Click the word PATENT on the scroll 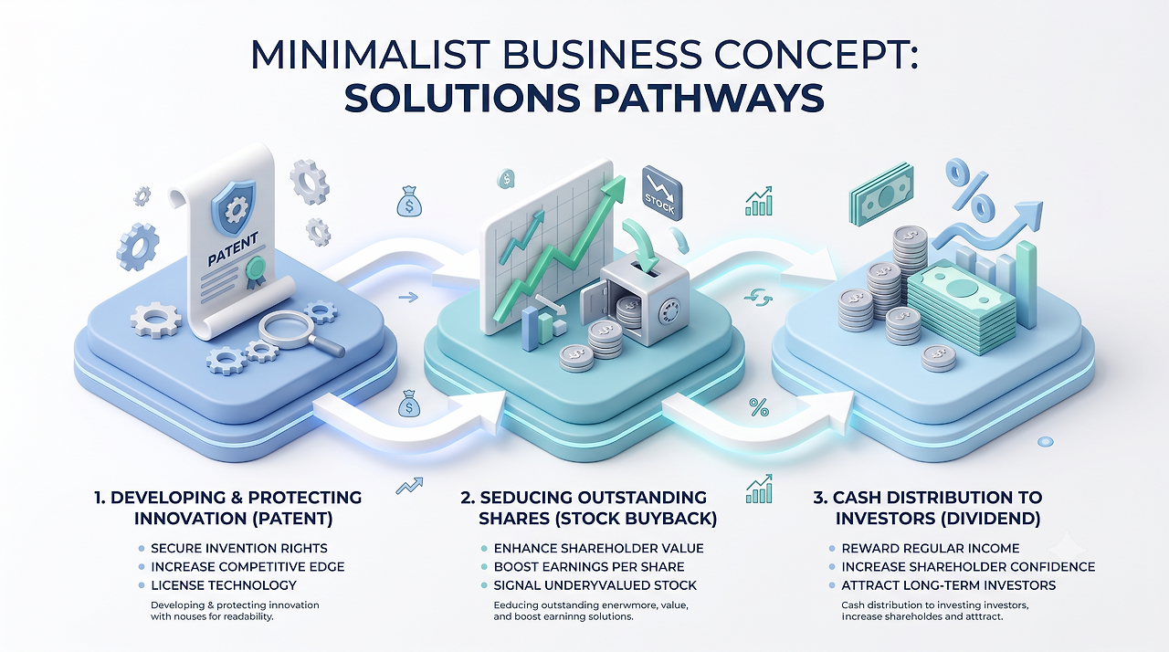[x=233, y=249]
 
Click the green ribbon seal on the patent [x=256, y=272]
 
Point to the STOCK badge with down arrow [x=662, y=193]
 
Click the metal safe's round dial [x=669, y=312]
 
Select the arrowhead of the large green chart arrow [x=614, y=189]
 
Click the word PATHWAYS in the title [x=710, y=98]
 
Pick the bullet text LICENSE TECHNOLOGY [x=224, y=585]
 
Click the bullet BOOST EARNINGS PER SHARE [x=589, y=566]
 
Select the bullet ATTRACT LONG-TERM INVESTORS [x=948, y=585]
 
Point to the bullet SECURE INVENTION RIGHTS [x=239, y=548]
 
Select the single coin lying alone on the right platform [x=938, y=358]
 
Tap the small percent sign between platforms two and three [x=759, y=407]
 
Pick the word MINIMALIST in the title [x=370, y=54]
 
